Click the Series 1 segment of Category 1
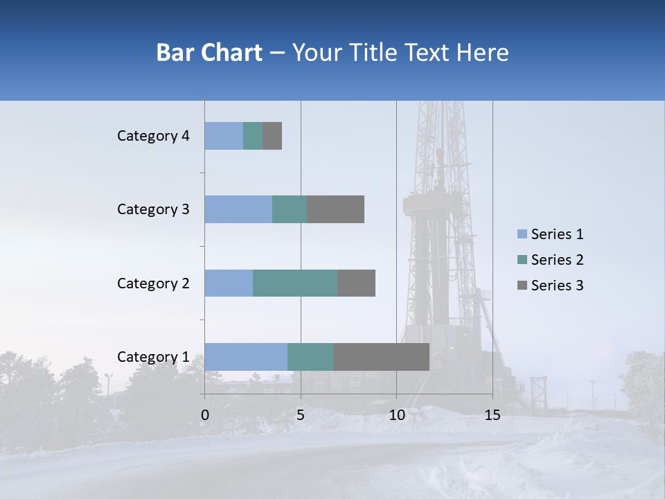(x=246, y=357)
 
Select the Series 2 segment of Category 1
(x=310, y=357)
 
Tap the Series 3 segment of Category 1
(x=381, y=357)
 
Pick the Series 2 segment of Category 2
(x=295, y=283)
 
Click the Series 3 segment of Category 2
(x=356, y=283)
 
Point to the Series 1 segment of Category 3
(x=238, y=209)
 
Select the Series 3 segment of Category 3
(x=335, y=209)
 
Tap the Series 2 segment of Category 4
(x=253, y=136)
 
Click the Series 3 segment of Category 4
(x=272, y=136)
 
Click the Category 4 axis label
(x=153, y=136)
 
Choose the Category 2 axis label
(x=153, y=283)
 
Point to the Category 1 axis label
(x=153, y=357)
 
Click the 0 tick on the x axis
(x=205, y=414)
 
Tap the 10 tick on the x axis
(x=396, y=414)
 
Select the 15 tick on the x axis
(x=492, y=414)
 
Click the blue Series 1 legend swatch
(x=522, y=234)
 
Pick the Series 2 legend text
(x=557, y=260)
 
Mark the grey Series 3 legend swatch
(x=522, y=286)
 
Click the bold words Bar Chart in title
(x=209, y=53)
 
